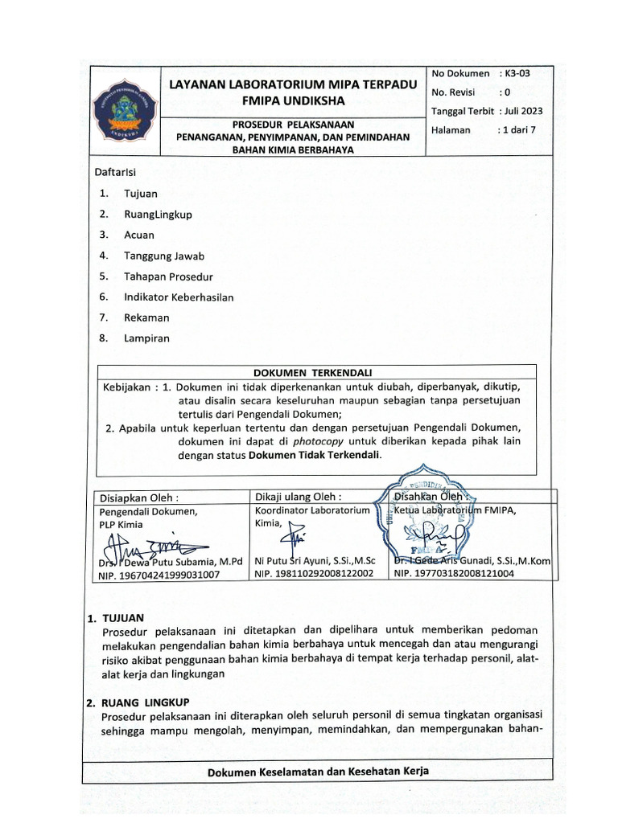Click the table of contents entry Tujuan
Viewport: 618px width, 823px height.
point(141,194)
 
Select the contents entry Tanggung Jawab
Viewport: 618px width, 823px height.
point(164,256)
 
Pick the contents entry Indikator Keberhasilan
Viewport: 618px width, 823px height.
point(179,297)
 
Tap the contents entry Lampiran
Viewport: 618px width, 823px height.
point(146,338)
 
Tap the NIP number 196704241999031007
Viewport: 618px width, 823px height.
point(159,575)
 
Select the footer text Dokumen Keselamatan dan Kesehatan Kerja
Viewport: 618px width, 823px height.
point(318,772)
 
